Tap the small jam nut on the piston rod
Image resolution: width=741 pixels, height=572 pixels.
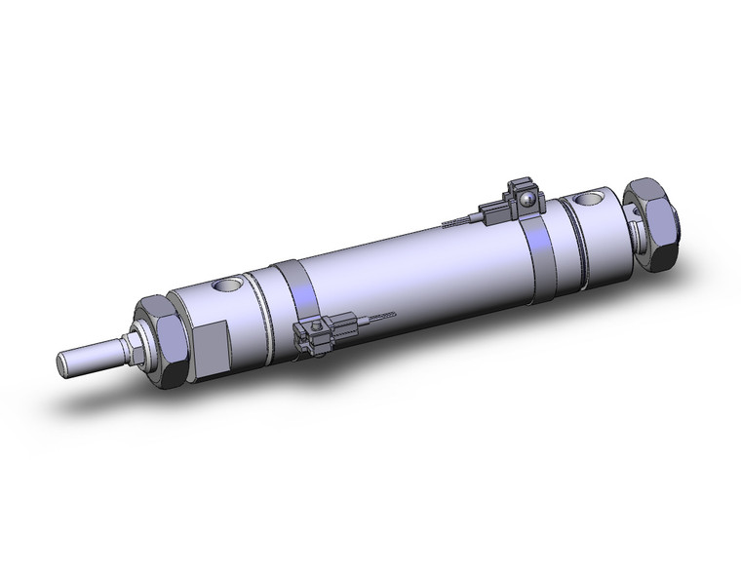(130, 344)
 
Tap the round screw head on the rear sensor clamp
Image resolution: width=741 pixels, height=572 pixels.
(526, 201)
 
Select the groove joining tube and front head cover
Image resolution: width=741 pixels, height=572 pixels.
(255, 307)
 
